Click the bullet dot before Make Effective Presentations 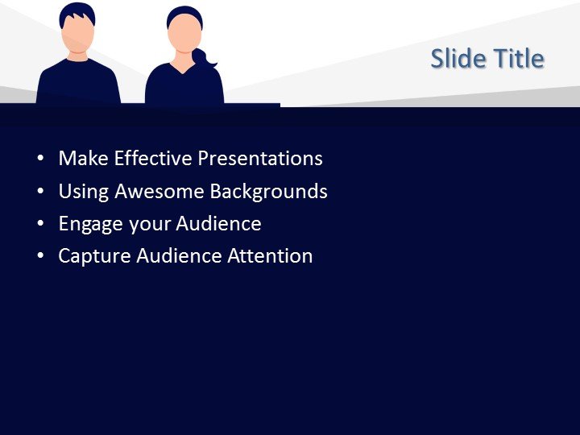click(41, 159)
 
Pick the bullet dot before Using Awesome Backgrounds click(41, 193)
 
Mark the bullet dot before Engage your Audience click(41, 225)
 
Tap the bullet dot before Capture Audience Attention click(41, 257)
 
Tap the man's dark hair click(77, 10)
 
